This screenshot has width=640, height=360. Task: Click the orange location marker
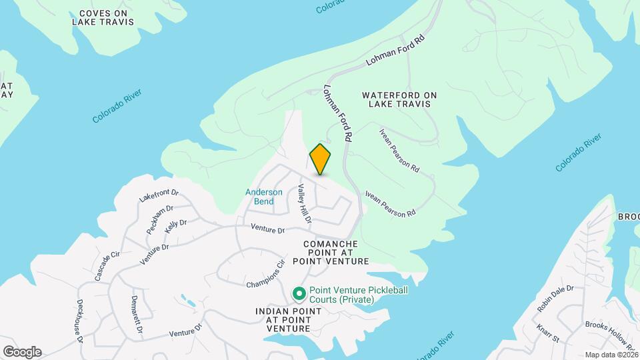[x=321, y=159]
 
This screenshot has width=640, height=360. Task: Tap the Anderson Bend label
[x=259, y=197]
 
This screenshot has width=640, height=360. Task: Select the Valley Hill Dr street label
[x=305, y=204]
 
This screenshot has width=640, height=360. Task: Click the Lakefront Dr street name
[x=159, y=195]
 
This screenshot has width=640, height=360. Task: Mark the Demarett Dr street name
[x=137, y=315]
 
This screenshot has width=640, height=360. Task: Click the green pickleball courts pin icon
[x=299, y=293]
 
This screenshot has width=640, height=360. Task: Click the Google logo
[x=22, y=352]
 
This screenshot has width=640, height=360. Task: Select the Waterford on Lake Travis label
[x=399, y=100]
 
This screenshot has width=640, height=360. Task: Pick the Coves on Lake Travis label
[x=103, y=17]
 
